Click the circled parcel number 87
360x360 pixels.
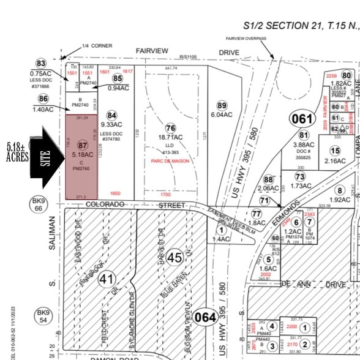click(83, 145)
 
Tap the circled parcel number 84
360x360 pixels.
click(111, 114)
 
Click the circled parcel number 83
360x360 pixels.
click(41, 64)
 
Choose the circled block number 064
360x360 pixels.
click(205, 317)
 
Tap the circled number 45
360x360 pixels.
click(174, 258)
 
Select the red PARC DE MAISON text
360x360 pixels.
click(171, 162)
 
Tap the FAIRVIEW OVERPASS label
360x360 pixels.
click(245, 38)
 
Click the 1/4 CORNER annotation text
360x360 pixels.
click(95, 45)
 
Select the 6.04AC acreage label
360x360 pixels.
click(222, 114)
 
